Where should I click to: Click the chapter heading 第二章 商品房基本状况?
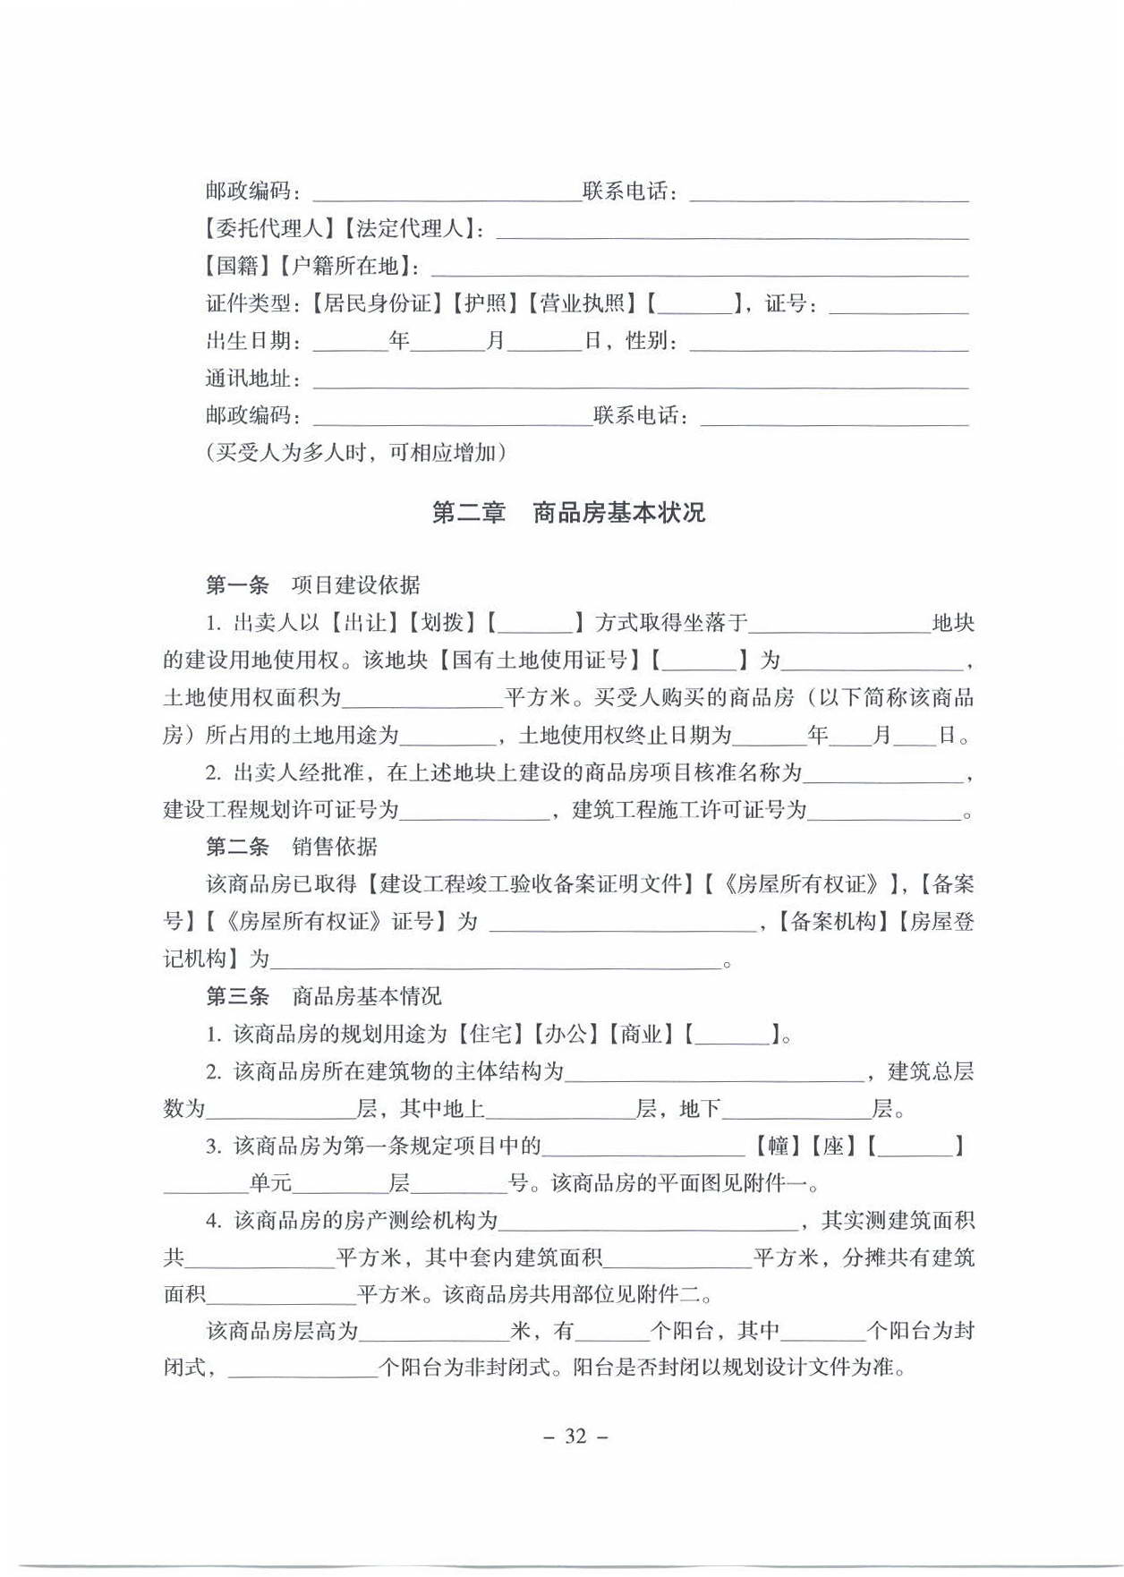pyautogui.click(x=568, y=513)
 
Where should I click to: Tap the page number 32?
pyautogui.click(x=575, y=1436)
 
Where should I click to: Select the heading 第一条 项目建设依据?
pyautogui.click(x=312, y=585)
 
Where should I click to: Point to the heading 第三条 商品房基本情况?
pyautogui.click(x=323, y=996)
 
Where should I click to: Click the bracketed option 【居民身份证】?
pyautogui.click(x=376, y=303)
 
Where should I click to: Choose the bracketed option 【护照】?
pyautogui.click(x=485, y=303)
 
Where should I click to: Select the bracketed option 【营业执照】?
pyautogui.click(x=582, y=303)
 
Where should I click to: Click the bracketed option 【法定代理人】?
pyautogui.click(x=409, y=229)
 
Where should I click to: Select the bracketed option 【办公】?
pyautogui.click(x=565, y=1035)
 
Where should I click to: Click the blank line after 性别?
pyautogui.click(x=829, y=344)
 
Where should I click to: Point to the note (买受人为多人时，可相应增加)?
pyautogui.click(x=356, y=453)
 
